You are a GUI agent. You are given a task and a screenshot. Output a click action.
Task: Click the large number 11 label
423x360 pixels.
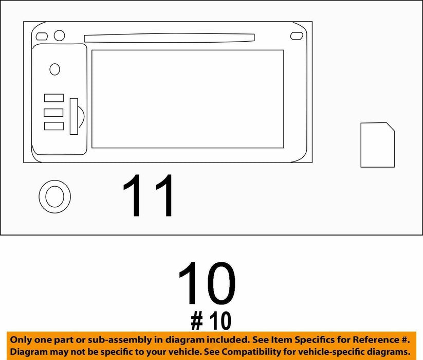click(148, 195)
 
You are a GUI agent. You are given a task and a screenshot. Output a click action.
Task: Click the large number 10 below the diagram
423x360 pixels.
click(207, 283)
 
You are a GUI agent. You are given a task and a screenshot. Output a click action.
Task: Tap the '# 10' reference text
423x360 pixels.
click(211, 320)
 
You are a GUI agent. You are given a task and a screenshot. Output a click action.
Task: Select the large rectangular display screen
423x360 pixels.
click(188, 99)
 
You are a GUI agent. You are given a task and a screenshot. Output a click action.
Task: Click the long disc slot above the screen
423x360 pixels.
click(169, 38)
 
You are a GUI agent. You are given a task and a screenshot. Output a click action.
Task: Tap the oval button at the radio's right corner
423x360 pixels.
click(297, 36)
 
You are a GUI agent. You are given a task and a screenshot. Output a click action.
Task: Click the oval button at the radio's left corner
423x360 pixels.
click(42, 37)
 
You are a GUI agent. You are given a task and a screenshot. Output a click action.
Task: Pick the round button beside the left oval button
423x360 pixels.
click(59, 35)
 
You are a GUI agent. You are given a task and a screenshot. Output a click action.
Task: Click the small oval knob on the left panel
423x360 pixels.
click(55, 69)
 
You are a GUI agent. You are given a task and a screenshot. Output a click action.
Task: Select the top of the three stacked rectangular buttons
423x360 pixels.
click(54, 98)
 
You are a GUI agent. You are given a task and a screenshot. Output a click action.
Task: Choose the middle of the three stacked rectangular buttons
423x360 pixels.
click(53, 113)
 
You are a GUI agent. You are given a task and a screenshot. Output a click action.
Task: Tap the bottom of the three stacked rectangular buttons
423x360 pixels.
click(54, 126)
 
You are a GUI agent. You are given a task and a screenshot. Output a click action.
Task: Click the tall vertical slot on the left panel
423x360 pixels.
click(74, 116)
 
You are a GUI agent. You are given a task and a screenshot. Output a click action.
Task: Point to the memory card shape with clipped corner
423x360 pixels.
click(378, 145)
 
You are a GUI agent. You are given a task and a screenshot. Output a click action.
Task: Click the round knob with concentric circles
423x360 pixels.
click(55, 196)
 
